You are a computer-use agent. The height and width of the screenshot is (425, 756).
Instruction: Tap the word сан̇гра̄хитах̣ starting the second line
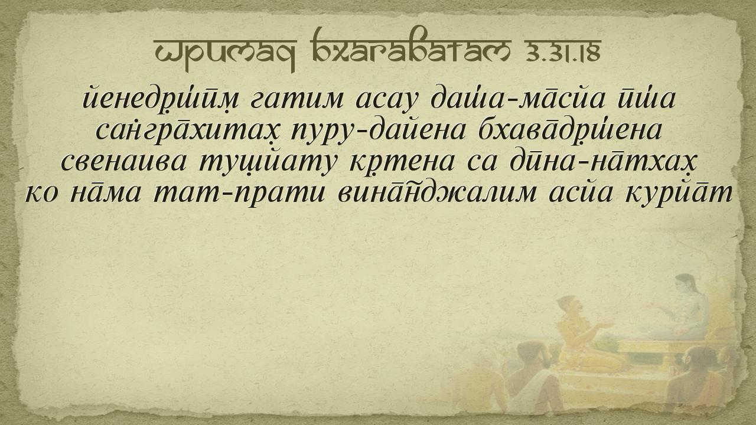coord(187,130)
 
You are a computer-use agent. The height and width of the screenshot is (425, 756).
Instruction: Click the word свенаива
coord(123,162)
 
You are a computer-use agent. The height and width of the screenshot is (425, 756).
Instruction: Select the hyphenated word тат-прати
coord(239,195)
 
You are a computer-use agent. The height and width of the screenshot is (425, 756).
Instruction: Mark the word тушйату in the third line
coord(268,162)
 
